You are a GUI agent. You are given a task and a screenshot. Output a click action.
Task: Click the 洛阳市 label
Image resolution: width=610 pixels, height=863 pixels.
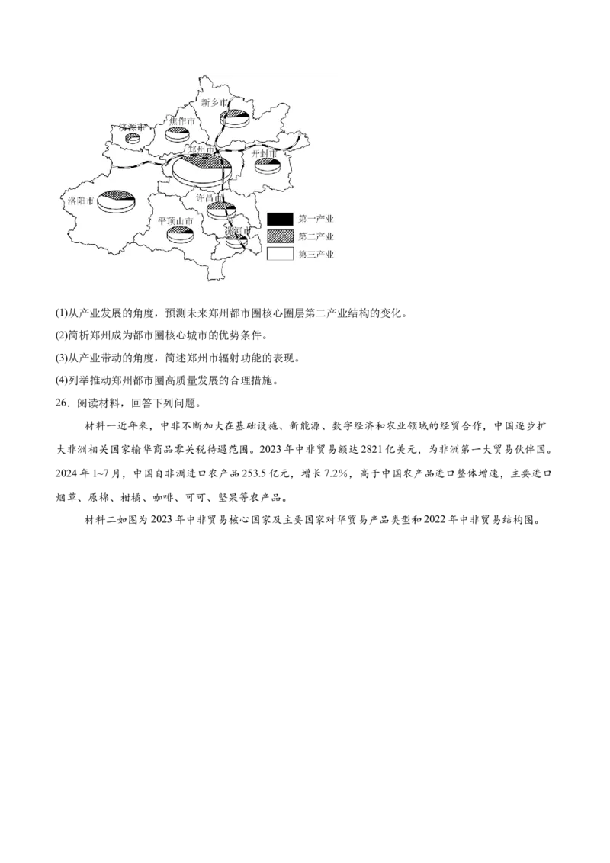80,202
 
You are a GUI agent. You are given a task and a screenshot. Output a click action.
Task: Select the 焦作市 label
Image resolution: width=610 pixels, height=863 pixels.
181,122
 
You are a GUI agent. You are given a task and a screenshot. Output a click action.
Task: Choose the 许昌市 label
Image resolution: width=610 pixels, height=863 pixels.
210,197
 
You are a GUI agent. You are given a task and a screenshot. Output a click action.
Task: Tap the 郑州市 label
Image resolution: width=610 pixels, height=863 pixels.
201,151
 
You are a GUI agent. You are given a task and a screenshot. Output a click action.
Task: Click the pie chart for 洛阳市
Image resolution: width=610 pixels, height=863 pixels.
117,201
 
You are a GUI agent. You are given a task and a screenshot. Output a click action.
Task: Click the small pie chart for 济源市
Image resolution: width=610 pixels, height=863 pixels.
133,139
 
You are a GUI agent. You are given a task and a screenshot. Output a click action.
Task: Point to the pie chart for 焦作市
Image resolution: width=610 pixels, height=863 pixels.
178,135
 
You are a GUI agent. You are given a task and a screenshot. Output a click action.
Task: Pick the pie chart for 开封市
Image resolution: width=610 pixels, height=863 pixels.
268,165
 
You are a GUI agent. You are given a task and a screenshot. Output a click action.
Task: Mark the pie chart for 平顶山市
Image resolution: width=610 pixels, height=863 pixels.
179,234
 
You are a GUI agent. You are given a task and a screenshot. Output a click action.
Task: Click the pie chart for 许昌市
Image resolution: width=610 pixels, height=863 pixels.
220,210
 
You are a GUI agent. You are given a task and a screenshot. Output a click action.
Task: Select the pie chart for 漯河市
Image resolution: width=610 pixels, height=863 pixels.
236,241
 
